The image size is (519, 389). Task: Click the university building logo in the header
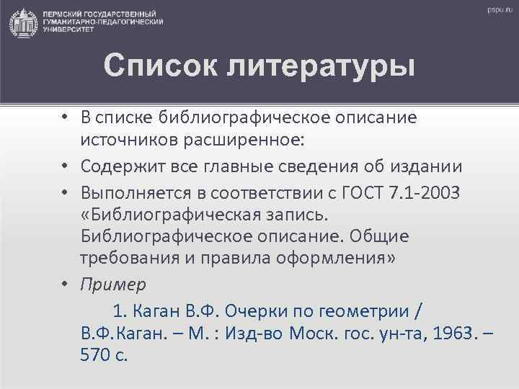click(22, 22)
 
